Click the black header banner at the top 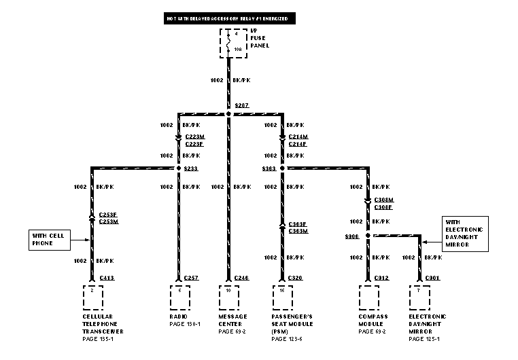(x=229, y=19)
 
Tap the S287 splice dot (x=229, y=113)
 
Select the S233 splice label (x=191, y=168)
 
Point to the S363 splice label (x=269, y=168)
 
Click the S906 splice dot (x=368, y=236)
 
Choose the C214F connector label (x=298, y=143)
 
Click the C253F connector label (x=108, y=213)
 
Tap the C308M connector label (x=383, y=200)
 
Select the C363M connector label (x=298, y=231)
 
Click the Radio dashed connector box (x=179, y=298)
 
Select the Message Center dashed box (x=229, y=298)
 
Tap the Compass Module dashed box (x=368, y=298)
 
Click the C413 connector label (x=107, y=278)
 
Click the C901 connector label (x=432, y=278)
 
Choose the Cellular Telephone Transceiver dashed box (x=92, y=298)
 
